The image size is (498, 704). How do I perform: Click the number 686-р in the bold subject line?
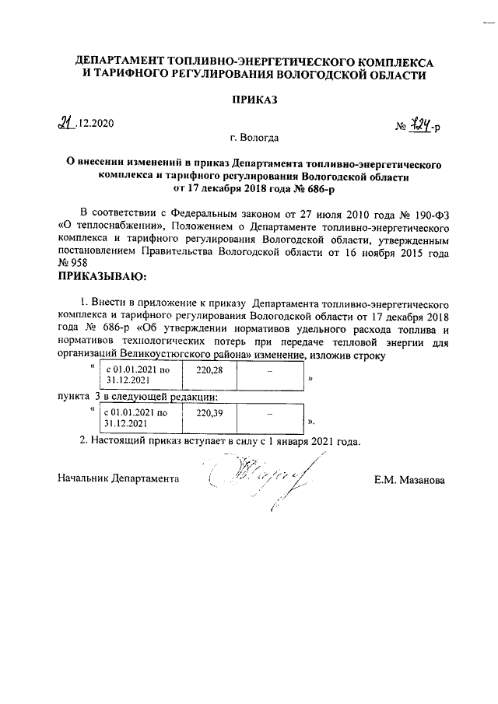tap(308, 187)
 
